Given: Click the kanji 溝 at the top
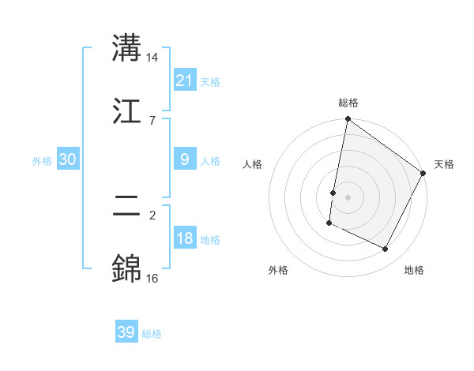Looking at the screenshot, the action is pyautogui.click(x=127, y=48).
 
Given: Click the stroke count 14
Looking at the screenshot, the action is pyautogui.click(x=152, y=58).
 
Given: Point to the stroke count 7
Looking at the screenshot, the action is pyautogui.click(x=152, y=120).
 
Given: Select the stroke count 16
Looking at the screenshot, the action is pyautogui.click(x=152, y=278).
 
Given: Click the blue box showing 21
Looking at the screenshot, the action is pyautogui.click(x=184, y=81).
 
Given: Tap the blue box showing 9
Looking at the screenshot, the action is pyautogui.click(x=184, y=159).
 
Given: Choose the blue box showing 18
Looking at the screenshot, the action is pyautogui.click(x=184, y=238).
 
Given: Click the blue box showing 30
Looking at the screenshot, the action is pyautogui.click(x=67, y=159).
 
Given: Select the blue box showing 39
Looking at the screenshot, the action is pyautogui.click(x=126, y=332).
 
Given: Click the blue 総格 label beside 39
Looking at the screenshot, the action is pyautogui.click(x=152, y=334).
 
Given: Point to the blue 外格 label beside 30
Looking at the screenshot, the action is pyautogui.click(x=42, y=161).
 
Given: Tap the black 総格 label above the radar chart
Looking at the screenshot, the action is pyautogui.click(x=348, y=103).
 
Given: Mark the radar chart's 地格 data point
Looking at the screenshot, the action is pyautogui.click(x=386, y=249).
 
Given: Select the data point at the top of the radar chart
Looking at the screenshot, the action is pyautogui.click(x=348, y=120).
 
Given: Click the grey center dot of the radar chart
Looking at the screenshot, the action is pyautogui.click(x=348, y=197).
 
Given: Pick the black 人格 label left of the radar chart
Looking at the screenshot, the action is pyautogui.click(x=252, y=164).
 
